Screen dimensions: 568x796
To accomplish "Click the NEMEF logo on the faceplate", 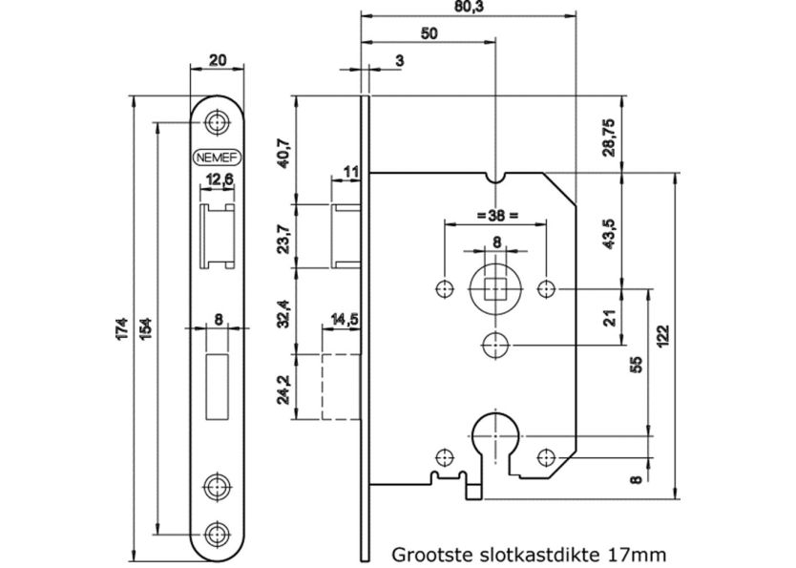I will (216, 158).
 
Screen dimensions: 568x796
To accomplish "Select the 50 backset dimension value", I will (429, 32).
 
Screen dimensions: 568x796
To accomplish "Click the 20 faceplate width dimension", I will (218, 60).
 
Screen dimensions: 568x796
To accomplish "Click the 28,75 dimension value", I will (608, 136).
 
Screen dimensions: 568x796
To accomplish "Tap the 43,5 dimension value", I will (608, 229).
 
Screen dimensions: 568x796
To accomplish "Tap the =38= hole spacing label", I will (496, 215).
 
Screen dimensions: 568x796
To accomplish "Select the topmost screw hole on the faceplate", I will (218, 122).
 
